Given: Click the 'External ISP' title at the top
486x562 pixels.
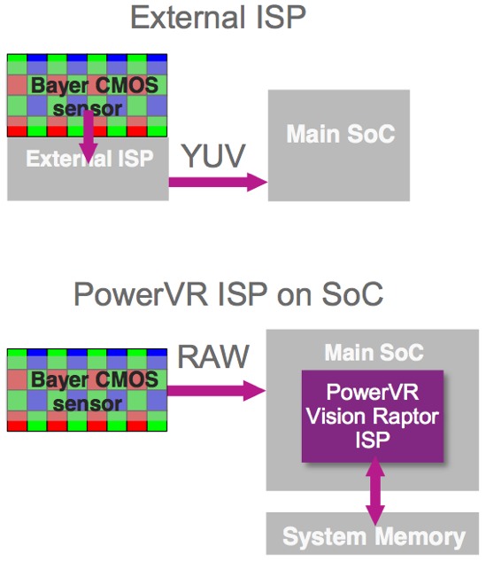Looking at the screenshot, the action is pos(219,17).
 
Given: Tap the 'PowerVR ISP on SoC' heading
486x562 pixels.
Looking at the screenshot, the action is pos(228,294).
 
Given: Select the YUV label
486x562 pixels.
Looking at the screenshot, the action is pos(214,156).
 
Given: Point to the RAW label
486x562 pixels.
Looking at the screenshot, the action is pos(213,356).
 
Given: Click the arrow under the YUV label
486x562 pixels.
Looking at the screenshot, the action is pos(218,182).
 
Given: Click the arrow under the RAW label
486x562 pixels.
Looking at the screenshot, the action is pos(216,391).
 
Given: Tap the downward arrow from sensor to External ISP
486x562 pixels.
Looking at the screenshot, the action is pos(88,137).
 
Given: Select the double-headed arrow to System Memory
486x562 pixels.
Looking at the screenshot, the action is pos(375,490).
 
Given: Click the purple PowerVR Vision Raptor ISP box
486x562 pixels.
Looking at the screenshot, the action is pos(373,416).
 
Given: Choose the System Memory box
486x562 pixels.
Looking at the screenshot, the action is pos(372,534).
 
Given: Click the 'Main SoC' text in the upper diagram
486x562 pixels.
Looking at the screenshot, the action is pos(340,134).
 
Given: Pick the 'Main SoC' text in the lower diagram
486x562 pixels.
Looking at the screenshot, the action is pos(374,352).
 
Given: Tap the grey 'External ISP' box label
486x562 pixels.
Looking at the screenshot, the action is pos(89,159).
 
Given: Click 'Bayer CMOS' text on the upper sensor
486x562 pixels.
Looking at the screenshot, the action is pos(95,85).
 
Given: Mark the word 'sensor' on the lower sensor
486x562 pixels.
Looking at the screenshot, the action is pos(88,404).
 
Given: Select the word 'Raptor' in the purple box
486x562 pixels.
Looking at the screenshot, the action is pos(405,417).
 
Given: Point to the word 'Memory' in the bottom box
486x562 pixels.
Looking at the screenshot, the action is pos(420,536).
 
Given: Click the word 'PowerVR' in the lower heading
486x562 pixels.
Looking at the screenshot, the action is pos(141,294).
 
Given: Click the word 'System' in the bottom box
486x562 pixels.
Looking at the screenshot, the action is pos(325,536).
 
